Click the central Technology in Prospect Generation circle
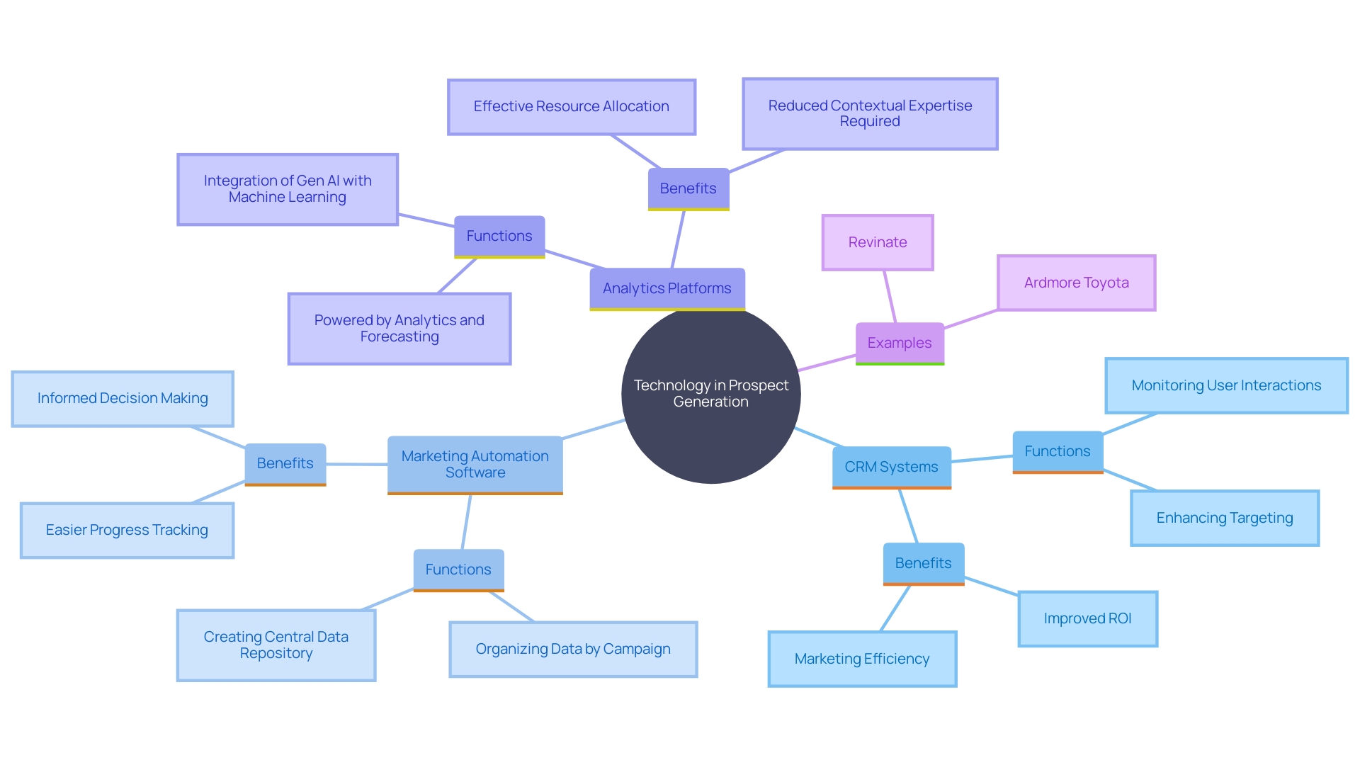710,394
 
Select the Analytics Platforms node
667,288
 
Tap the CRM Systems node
891,467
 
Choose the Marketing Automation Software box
475,465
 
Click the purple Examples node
900,343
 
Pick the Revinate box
878,242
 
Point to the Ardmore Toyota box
1076,283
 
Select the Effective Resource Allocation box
571,106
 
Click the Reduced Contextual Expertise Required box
870,113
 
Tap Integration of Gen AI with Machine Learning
287,189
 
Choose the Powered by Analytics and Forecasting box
399,329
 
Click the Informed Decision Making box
123,399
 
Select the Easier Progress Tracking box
127,531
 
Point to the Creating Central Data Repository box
276,645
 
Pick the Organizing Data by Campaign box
573,650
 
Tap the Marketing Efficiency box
862,659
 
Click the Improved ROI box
1087,618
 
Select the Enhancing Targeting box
1224,518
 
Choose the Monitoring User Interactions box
1226,385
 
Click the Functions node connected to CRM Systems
1058,451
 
